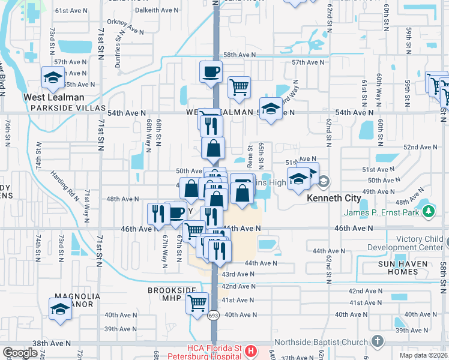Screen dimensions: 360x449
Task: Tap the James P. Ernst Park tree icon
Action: click(x=428, y=211)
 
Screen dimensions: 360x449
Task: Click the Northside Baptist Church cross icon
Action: click(x=377, y=341)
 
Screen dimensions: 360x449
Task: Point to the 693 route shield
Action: click(x=214, y=315)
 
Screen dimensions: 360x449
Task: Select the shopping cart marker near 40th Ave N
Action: click(x=197, y=304)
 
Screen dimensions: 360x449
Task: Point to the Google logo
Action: click(x=20, y=353)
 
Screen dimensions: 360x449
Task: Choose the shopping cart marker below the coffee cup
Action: click(x=239, y=87)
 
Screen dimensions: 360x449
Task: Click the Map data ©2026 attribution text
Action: click(x=424, y=356)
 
